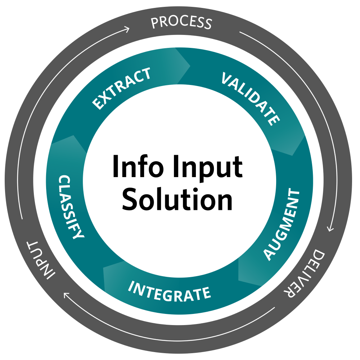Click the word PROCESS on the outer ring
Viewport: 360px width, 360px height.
tap(181, 23)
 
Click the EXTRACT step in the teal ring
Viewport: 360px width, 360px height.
tap(121, 88)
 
